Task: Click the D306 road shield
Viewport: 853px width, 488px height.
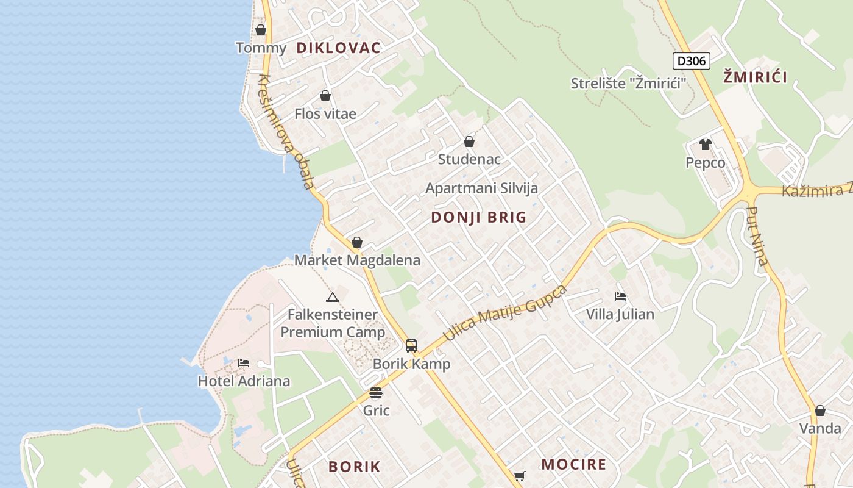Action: pyautogui.click(x=692, y=61)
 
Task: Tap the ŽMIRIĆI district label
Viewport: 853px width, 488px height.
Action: pyautogui.click(x=755, y=77)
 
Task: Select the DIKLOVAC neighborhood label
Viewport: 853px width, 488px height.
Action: pyautogui.click(x=339, y=48)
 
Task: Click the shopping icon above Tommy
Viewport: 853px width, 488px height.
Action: pyautogui.click(x=261, y=30)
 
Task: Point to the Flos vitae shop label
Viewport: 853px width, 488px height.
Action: pyautogui.click(x=325, y=113)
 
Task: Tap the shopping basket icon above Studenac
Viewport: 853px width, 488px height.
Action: pyautogui.click(x=469, y=142)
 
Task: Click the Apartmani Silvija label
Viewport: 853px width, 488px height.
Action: pyautogui.click(x=481, y=188)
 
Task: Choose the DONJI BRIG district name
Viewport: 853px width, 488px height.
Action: pyautogui.click(x=479, y=217)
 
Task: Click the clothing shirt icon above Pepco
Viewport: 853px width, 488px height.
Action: pyautogui.click(x=706, y=145)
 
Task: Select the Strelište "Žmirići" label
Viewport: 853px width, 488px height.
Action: pyautogui.click(x=628, y=84)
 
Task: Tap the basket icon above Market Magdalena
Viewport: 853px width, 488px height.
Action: pyautogui.click(x=357, y=242)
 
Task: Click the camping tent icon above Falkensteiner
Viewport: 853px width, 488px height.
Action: pyautogui.click(x=332, y=298)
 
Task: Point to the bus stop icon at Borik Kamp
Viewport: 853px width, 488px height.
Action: pyautogui.click(x=411, y=346)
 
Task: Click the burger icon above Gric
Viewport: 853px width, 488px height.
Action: pyautogui.click(x=376, y=392)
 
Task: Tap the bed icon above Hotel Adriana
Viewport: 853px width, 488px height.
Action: pyautogui.click(x=244, y=363)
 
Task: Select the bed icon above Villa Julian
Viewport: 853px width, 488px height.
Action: pyautogui.click(x=620, y=296)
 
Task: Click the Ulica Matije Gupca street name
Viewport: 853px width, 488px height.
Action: pyautogui.click(x=505, y=313)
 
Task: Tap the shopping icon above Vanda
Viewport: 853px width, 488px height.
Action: pyautogui.click(x=820, y=411)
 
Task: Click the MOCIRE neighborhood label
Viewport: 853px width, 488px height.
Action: pyautogui.click(x=574, y=464)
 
